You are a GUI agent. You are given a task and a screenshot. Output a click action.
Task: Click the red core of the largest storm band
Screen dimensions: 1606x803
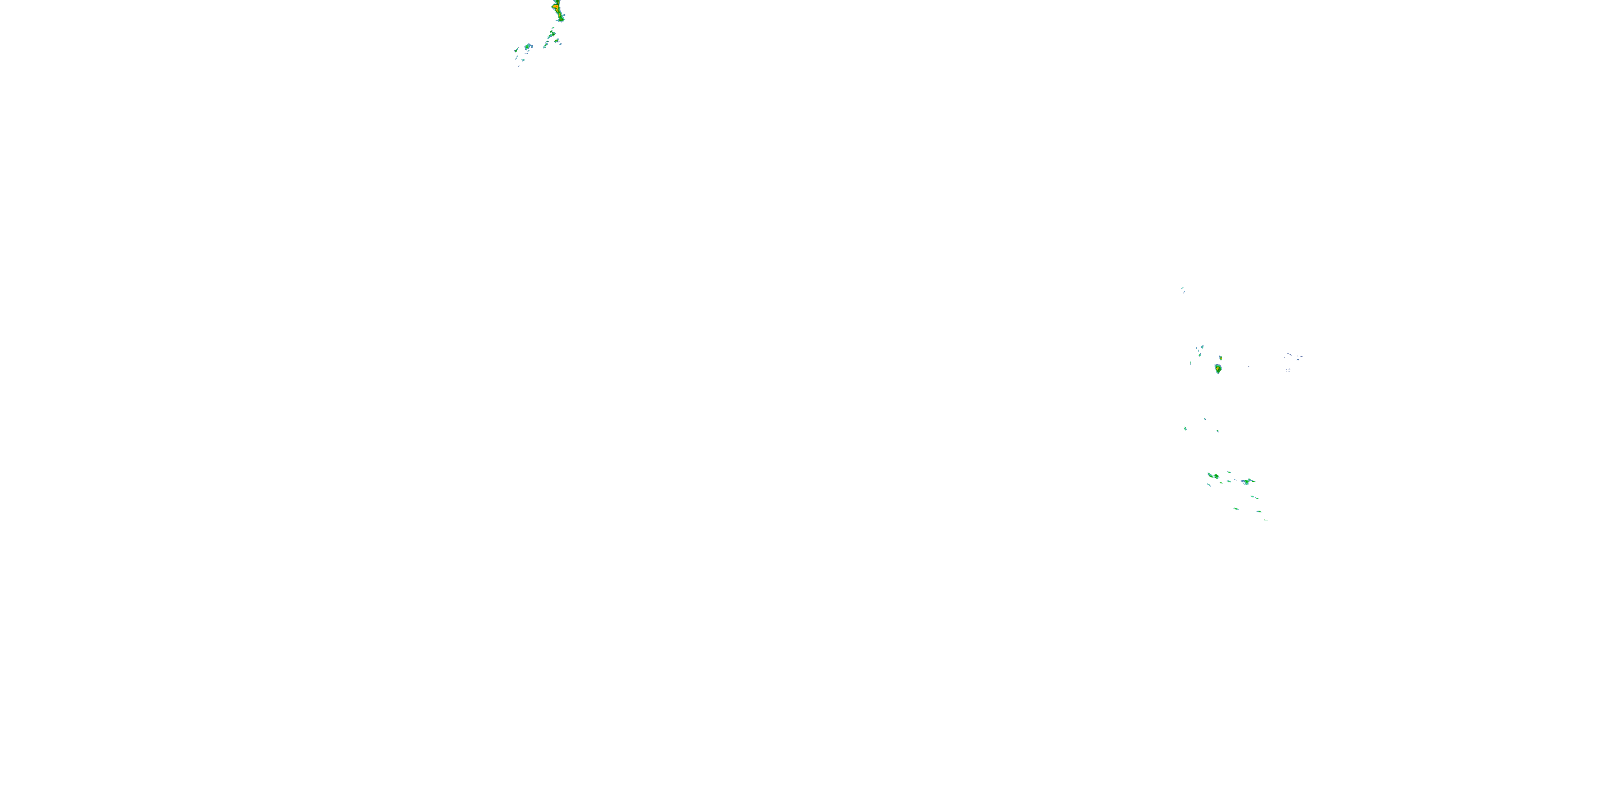tap(556, 7)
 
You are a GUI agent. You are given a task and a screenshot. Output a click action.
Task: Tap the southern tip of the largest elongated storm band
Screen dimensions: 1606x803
tap(562, 20)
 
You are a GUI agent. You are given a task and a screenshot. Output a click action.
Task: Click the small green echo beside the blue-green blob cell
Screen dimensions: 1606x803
tap(516, 49)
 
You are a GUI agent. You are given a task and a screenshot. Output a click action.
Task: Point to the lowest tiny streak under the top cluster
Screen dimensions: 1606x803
tap(519, 65)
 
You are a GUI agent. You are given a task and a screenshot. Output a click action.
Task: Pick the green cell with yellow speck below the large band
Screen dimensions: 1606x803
tap(552, 29)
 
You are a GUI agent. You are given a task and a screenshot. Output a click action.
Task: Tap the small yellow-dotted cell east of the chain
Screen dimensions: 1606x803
tap(557, 42)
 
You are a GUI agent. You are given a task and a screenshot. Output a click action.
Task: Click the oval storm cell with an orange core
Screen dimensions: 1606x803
tap(1217, 369)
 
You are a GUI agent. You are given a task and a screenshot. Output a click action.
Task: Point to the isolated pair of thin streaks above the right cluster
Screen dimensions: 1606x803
tap(1183, 289)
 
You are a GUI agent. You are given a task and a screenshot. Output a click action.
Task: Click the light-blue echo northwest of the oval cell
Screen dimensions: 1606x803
tap(1200, 348)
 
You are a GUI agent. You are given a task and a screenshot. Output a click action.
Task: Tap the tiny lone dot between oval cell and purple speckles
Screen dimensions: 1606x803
tap(1248, 367)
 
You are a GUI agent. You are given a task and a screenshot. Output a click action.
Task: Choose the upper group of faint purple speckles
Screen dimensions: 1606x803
tap(1294, 356)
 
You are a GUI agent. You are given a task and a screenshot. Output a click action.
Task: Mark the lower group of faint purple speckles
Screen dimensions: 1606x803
tap(1289, 370)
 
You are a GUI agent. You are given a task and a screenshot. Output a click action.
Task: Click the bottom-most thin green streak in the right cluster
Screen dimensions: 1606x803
tap(1266, 519)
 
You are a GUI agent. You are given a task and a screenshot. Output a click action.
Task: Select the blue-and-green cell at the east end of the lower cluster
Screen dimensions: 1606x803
tap(1247, 481)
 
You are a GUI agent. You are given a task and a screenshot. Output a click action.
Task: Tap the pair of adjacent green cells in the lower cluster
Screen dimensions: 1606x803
tap(1213, 476)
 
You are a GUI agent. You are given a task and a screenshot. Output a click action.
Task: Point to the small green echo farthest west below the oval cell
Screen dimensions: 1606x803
tap(1185, 428)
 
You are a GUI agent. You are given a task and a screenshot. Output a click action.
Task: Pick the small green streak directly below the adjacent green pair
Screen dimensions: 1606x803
tap(1209, 485)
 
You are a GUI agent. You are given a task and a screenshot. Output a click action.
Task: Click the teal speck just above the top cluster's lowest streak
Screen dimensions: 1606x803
tap(522, 60)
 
